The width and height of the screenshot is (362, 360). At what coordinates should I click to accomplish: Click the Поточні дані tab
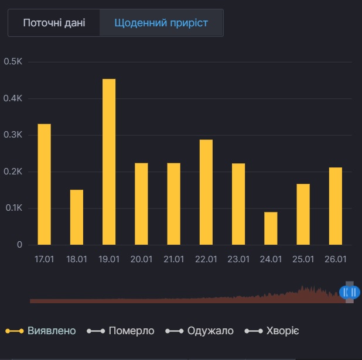point(54,23)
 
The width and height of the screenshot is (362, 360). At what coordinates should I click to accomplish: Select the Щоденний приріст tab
point(161,23)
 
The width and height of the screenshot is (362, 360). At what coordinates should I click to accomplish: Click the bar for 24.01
point(271,228)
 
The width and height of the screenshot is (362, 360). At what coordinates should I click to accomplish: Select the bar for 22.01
point(206,192)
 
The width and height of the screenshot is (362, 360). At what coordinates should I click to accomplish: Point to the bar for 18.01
point(77,217)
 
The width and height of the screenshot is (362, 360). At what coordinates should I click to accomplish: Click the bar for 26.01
point(335,206)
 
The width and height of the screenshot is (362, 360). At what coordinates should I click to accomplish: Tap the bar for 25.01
point(303,214)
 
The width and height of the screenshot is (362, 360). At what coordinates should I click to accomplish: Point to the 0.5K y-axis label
point(13,61)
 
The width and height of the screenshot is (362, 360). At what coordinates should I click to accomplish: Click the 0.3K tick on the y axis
point(13,135)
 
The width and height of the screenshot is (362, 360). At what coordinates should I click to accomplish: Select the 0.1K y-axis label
point(13,208)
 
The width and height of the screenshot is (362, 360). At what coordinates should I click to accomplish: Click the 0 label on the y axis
point(19,245)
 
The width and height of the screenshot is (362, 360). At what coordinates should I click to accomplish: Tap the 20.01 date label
point(141,259)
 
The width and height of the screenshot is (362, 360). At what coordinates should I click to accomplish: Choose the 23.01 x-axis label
point(238,259)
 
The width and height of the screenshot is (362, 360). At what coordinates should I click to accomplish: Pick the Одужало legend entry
point(200,331)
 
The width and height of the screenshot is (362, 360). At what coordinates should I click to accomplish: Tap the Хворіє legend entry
point(273,331)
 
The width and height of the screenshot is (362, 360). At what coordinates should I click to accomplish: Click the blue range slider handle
point(349,292)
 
